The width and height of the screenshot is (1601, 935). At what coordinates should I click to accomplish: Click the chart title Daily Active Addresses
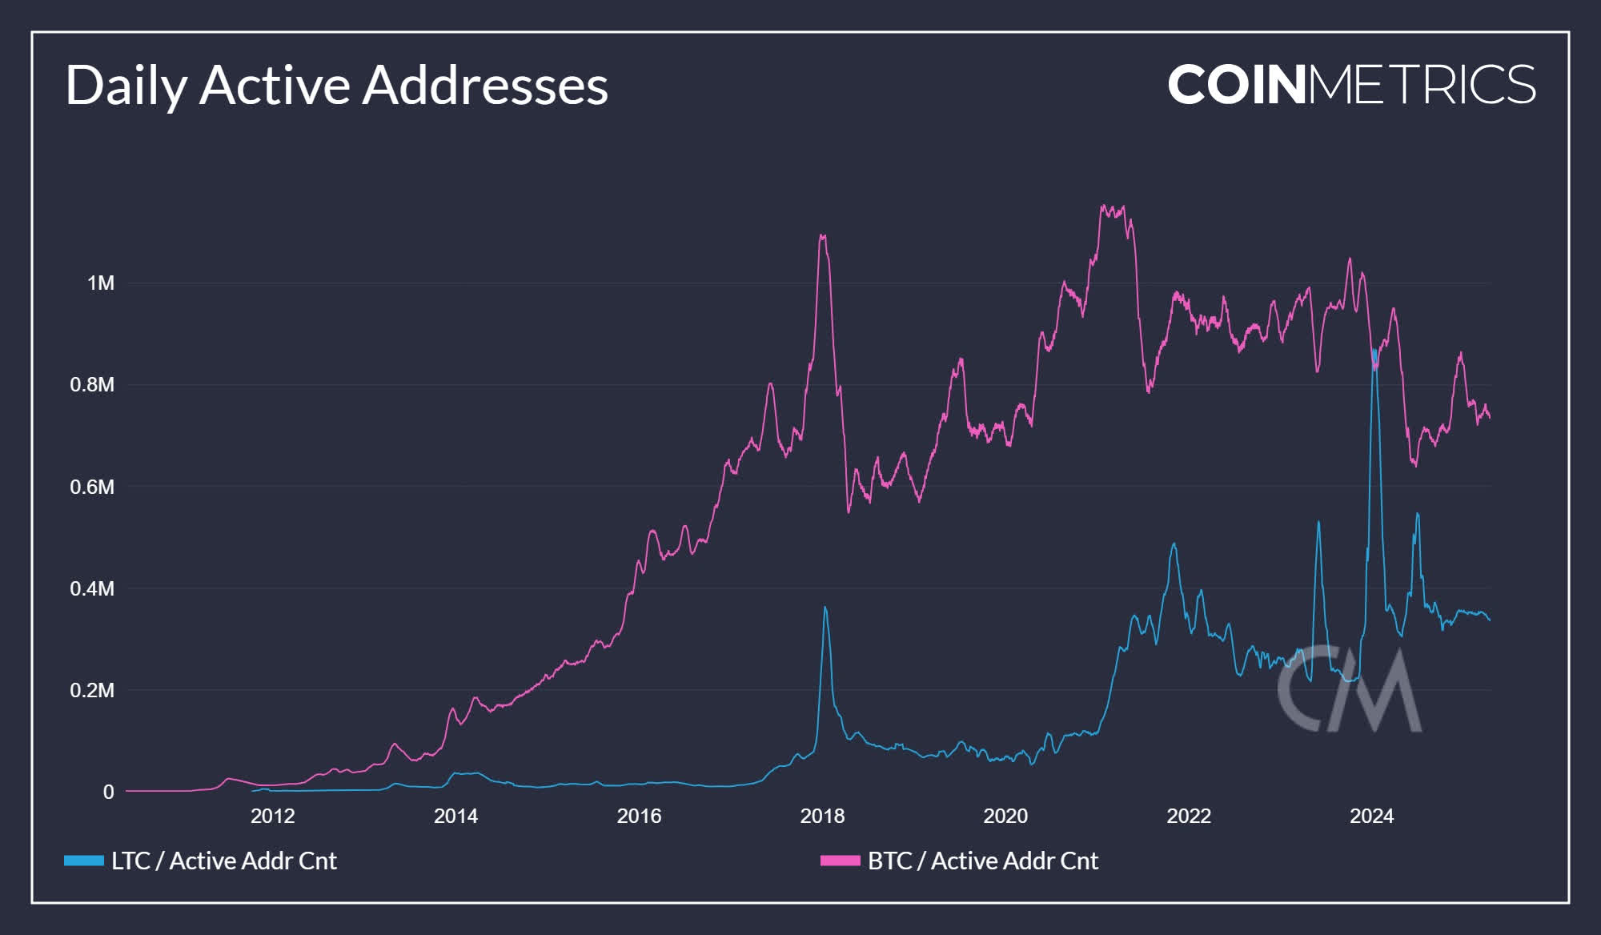(x=336, y=85)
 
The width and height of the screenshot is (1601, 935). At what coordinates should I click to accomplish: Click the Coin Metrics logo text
(x=1351, y=85)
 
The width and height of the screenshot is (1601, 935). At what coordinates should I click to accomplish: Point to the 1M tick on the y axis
(x=101, y=283)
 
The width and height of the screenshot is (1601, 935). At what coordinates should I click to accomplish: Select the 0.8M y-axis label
(x=92, y=385)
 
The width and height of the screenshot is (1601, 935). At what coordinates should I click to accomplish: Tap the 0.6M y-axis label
(x=92, y=487)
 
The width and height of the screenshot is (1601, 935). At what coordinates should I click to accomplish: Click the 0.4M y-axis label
(x=92, y=588)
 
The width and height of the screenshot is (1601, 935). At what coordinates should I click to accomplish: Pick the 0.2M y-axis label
(x=92, y=690)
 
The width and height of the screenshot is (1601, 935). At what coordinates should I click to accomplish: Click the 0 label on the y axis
(x=109, y=792)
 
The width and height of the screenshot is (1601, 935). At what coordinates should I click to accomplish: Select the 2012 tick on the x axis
(x=273, y=816)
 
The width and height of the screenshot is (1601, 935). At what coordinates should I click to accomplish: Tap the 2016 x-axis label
(x=639, y=816)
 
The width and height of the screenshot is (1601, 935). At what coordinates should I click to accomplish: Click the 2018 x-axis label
(x=822, y=816)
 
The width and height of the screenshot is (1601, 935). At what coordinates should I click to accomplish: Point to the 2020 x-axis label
(x=1005, y=816)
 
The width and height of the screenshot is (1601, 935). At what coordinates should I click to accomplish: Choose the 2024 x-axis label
(x=1371, y=816)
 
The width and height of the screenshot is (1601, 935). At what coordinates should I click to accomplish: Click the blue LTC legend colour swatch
(x=84, y=861)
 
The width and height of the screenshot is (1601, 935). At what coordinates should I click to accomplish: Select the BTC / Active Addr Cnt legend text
(x=983, y=861)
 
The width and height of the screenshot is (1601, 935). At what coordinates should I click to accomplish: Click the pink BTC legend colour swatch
(x=840, y=861)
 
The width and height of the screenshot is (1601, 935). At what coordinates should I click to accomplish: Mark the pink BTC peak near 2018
(x=822, y=235)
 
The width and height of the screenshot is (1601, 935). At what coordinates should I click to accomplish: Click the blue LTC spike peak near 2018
(x=825, y=608)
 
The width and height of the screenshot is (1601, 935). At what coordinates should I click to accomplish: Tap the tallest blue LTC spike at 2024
(x=1374, y=351)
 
